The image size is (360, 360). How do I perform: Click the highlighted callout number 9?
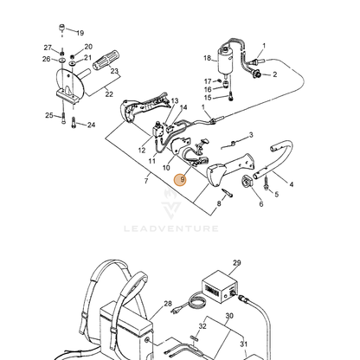tap(180, 180)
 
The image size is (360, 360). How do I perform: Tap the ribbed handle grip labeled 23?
tap(106, 61)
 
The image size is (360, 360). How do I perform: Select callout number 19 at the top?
tap(80, 33)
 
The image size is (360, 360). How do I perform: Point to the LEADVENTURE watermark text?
tap(171, 228)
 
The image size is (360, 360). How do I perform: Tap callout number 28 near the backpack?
tap(168, 304)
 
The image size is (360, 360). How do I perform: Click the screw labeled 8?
tap(228, 193)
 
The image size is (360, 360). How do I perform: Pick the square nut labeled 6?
tap(247, 181)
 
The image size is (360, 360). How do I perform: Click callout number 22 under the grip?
tap(109, 94)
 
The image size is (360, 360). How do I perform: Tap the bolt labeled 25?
tap(63, 119)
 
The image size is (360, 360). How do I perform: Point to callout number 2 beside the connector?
tap(274, 74)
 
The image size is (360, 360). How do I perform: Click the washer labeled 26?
tap(61, 61)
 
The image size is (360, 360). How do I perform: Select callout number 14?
tap(183, 107)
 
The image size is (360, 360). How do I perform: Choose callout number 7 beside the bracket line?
tap(146, 181)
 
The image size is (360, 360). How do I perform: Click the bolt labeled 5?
tap(266, 183)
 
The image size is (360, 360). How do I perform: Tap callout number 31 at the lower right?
tap(243, 344)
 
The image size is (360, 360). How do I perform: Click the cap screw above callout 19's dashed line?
tap(62, 28)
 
